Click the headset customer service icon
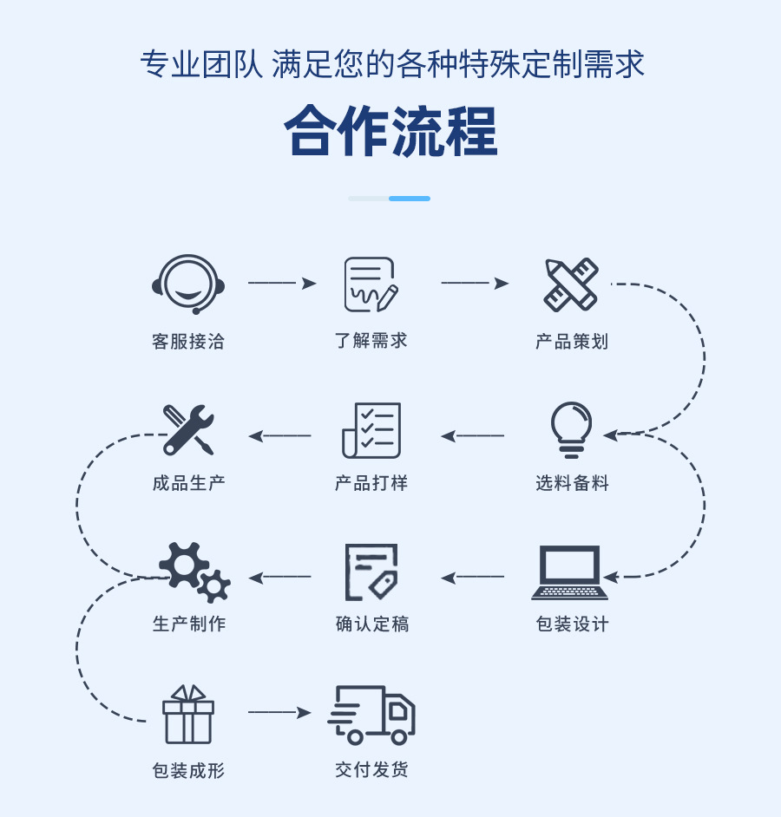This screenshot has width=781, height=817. tap(188, 284)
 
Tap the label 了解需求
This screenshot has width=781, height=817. tap(371, 341)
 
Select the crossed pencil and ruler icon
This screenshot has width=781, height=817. tap(571, 284)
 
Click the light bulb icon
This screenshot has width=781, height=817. tap(571, 429)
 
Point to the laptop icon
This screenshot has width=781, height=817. tap(570, 572)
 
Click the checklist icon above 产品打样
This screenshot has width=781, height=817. tap(371, 430)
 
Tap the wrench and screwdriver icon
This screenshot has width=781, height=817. tap(188, 429)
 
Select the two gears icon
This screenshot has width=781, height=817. tap(194, 572)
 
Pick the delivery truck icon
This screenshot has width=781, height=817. tap(371, 715)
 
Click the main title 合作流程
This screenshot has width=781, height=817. tap(390, 131)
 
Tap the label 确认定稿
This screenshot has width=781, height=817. tap(371, 624)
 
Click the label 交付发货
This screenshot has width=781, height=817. tap(371, 769)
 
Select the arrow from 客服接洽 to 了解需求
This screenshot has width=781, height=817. tap(282, 283)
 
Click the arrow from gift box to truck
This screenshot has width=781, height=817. tap(279, 713)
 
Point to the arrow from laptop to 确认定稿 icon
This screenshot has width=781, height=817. tap(472, 578)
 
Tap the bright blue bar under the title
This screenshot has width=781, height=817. tap(410, 199)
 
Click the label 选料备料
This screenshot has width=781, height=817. tap(572, 483)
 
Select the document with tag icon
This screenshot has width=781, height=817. tap(371, 572)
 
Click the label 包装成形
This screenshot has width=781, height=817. tap(188, 770)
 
